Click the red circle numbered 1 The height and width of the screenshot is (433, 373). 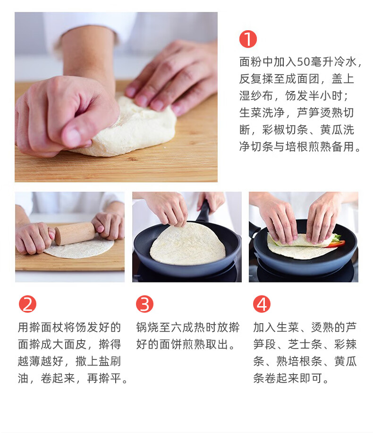248,39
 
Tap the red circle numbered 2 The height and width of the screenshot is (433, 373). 27,304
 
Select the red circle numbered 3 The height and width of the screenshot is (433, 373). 144,304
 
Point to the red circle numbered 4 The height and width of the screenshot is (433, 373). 262,304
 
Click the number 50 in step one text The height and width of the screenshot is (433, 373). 303,62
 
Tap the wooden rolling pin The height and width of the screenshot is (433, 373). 75,233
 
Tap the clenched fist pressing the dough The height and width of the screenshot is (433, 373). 64,116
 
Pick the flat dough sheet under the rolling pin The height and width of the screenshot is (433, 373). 80,249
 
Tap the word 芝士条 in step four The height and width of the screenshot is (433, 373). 305,344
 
